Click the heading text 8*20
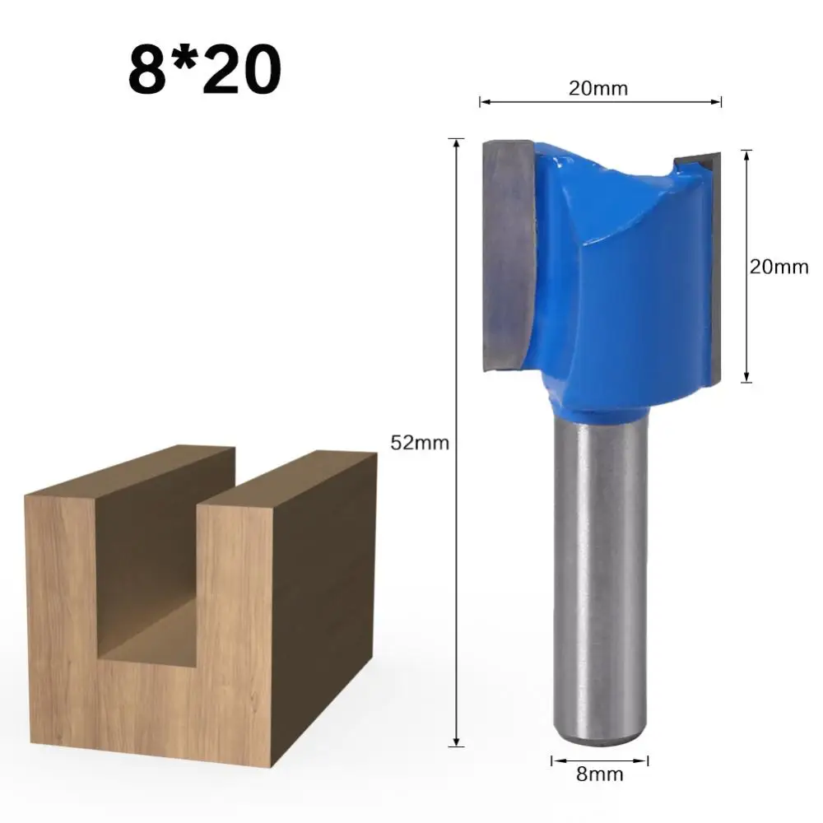[x=204, y=69]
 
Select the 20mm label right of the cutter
[x=779, y=266]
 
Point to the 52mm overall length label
[x=420, y=443]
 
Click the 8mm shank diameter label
[x=599, y=774]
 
